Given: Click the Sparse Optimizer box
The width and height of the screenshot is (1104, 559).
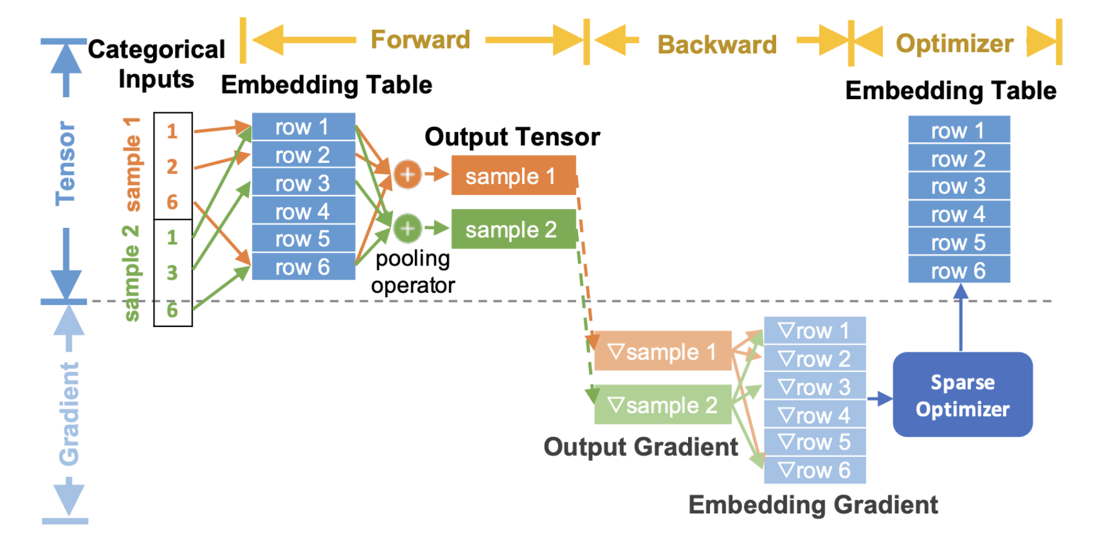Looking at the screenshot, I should coord(963,395).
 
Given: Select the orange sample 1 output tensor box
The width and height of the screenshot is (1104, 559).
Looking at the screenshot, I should coord(513,176).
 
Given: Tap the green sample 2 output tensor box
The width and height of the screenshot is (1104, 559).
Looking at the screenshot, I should coord(513,229).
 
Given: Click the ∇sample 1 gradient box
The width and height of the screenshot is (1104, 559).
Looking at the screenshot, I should coord(663,351).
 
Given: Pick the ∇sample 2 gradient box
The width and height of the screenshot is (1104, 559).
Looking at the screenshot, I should coord(663,405).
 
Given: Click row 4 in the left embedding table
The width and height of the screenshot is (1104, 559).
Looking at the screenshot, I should coord(303,211).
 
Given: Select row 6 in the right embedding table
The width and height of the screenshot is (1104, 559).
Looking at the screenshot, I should coord(959,270).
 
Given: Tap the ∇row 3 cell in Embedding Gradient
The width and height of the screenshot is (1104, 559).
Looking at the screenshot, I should coord(814,387).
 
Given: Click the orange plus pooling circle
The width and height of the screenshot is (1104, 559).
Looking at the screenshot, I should coord(407,174).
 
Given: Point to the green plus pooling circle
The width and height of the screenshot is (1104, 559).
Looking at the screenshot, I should coord(407,228).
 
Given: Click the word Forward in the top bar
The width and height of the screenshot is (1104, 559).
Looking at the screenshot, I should coord(420,40).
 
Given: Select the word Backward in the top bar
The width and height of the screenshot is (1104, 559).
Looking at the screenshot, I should coord(717,44).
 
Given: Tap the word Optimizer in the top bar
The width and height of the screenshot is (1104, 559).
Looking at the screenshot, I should coord(955,44).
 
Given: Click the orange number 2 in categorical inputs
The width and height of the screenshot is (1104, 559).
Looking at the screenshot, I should coord(172,166).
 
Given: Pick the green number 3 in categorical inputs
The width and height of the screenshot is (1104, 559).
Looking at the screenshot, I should coord(172,273).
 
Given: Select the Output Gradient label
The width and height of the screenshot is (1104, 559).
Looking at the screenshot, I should coord(641,447).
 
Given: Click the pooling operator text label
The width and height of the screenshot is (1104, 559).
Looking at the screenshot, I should coord(413,272).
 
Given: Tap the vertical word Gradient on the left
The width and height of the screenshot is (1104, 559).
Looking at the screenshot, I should coord(69,413).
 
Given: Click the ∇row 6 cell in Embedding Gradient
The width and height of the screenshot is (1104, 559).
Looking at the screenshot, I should coord(814,470).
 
